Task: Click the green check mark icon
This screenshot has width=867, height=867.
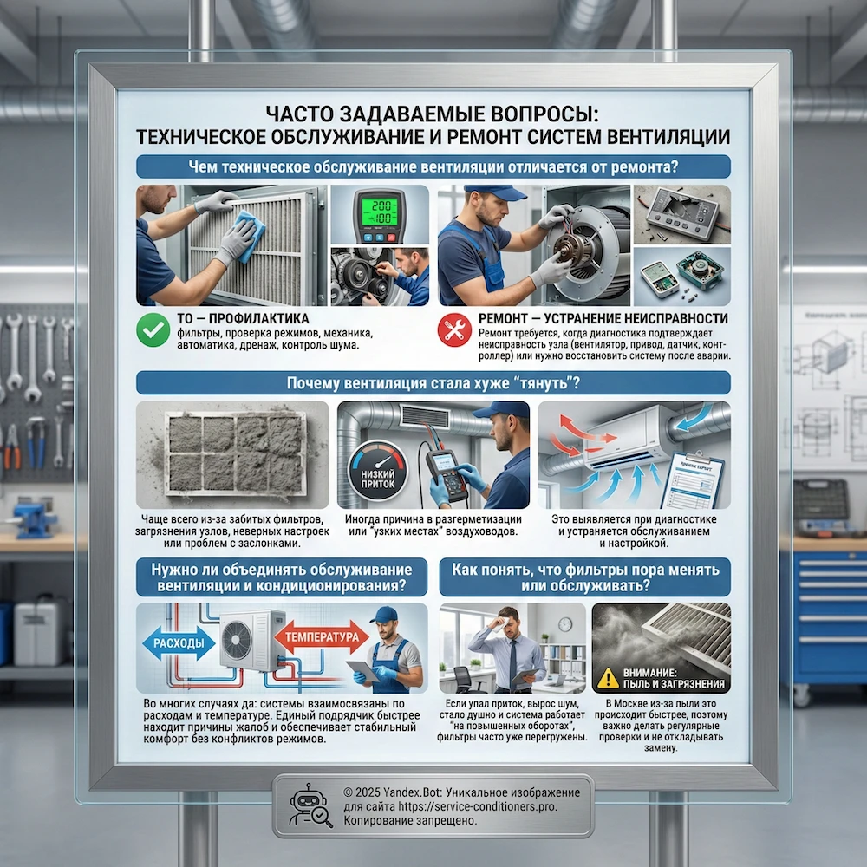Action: click(x=153, y=330)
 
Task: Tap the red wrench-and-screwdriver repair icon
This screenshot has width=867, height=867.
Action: click(x=454, y=330)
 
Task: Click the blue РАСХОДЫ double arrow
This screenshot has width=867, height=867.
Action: click(x=179, y=643)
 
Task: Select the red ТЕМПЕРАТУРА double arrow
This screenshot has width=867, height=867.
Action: click(x=322, y=637)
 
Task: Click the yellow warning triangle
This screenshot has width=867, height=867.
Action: click(x=609, y=679)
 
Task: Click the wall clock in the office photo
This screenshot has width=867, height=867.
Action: click(x=564, y=624)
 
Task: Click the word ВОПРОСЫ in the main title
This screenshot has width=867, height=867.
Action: click(x=541, y=114)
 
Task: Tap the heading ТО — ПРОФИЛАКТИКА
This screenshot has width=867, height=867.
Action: click(x=243, y=318)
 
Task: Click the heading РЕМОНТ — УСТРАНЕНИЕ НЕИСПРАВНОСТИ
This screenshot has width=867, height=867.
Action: click(x=603, y=318)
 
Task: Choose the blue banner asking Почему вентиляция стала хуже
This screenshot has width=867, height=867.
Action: click(x=433, y=382)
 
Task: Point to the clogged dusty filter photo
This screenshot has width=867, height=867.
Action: click(x=232, y=454)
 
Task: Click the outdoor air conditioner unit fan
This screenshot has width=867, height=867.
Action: click(x=237, y=641)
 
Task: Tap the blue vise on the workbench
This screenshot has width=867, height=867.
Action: click(x=35, y=518)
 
